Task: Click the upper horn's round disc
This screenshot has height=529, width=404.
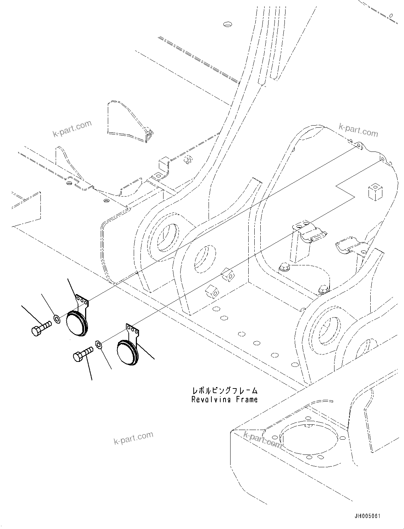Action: tap(76, 323)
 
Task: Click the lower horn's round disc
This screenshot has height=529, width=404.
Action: tap(126, 352)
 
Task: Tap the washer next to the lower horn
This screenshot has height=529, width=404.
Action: tap(99, 344)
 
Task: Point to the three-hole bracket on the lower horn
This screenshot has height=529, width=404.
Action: tap(133, 330)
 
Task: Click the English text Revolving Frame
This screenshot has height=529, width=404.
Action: tap(224, 399)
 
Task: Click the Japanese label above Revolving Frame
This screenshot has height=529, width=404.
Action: tap(224, 391)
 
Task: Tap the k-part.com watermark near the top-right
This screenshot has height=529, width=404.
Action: tap(358, 130)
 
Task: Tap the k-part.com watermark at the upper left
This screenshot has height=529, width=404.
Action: tap(72, 128)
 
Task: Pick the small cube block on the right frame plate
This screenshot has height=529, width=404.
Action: tap(375, 192)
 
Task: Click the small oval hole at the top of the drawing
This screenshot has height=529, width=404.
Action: tap(227, 24)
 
